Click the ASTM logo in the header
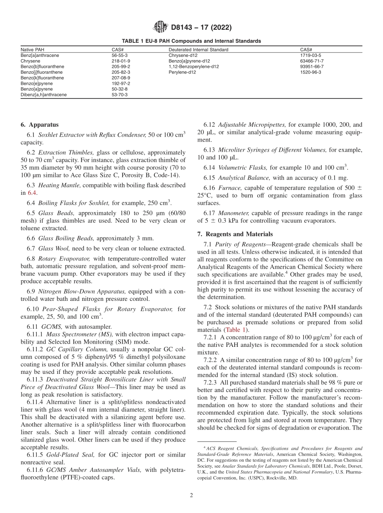click(x=160, y=28)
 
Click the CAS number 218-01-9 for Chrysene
click(x=121, y=61)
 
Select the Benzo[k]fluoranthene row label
click(x=42, y=78)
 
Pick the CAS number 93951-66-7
click(x=312, y=67)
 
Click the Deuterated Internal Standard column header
click(x=198, y=50)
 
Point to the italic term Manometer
click(x=233, y=213)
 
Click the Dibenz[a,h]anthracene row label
click(x=44, y=95)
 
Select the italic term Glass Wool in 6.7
click(x=54, y=248)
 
